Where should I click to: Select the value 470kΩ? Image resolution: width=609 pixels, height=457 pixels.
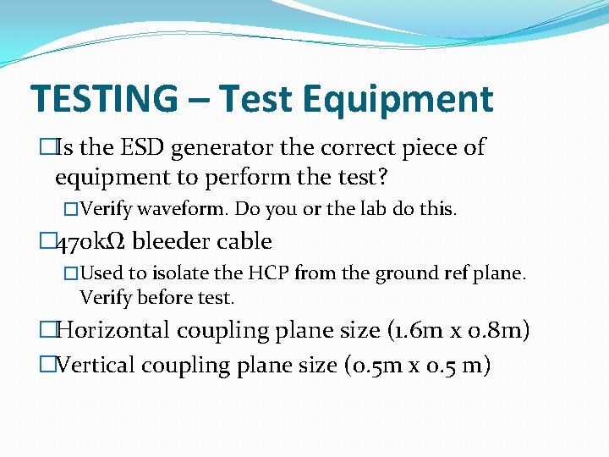point(91,241)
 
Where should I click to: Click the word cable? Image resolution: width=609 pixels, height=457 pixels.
point(244,241)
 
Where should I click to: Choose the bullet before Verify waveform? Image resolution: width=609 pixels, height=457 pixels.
point(71,208)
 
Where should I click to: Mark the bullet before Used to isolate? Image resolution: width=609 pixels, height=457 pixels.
point(71,273)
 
